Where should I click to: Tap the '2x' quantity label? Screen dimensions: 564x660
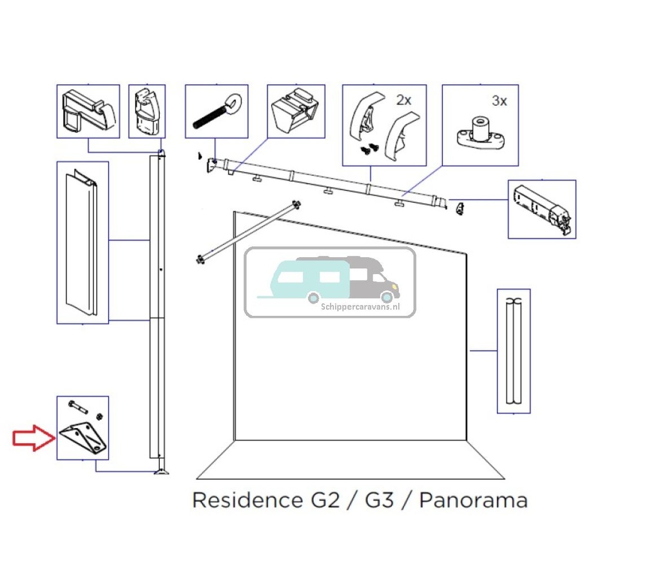(x=403, y=100)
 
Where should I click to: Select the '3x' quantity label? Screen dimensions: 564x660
(x=499, y=101)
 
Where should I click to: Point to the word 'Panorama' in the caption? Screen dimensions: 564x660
(x=473, y=500)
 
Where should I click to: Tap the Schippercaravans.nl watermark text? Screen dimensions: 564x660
(x=360, y=307)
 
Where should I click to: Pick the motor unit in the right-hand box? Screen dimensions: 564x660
(x=541, y=208)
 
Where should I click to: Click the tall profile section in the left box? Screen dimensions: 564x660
(x=82, y=244)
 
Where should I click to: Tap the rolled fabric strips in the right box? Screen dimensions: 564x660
(x=514, y=351)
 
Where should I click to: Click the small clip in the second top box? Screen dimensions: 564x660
(x=146, y=112)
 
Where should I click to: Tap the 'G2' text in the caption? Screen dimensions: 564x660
(x=320, y=500)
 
